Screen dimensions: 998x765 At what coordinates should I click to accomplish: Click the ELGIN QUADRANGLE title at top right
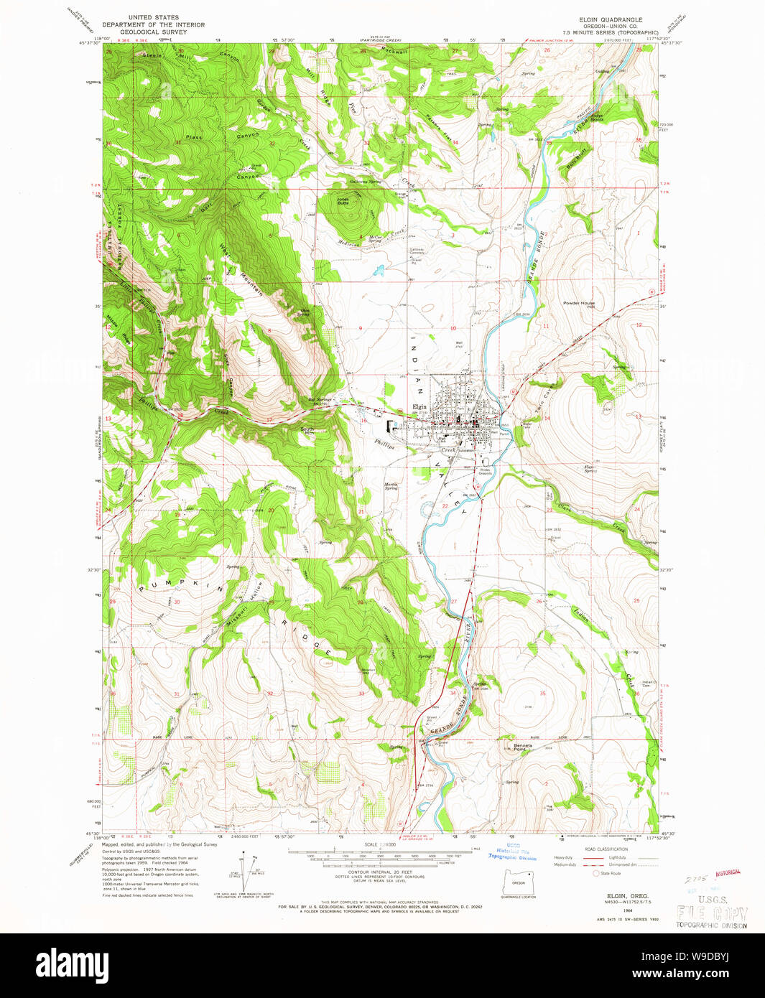611,19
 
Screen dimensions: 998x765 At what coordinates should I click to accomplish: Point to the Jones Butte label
343,201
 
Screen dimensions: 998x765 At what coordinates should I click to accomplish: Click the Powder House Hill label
579,304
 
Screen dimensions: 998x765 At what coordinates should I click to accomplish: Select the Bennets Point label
523,747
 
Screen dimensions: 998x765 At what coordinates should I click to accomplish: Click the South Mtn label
307,431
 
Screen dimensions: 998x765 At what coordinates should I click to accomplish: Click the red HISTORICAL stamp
727,872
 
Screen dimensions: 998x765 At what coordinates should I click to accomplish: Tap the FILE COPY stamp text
711,913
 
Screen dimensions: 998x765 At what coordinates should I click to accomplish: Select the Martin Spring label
391,486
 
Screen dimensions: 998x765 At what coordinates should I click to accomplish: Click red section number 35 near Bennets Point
542,693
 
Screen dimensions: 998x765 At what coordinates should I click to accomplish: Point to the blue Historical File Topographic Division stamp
512,852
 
